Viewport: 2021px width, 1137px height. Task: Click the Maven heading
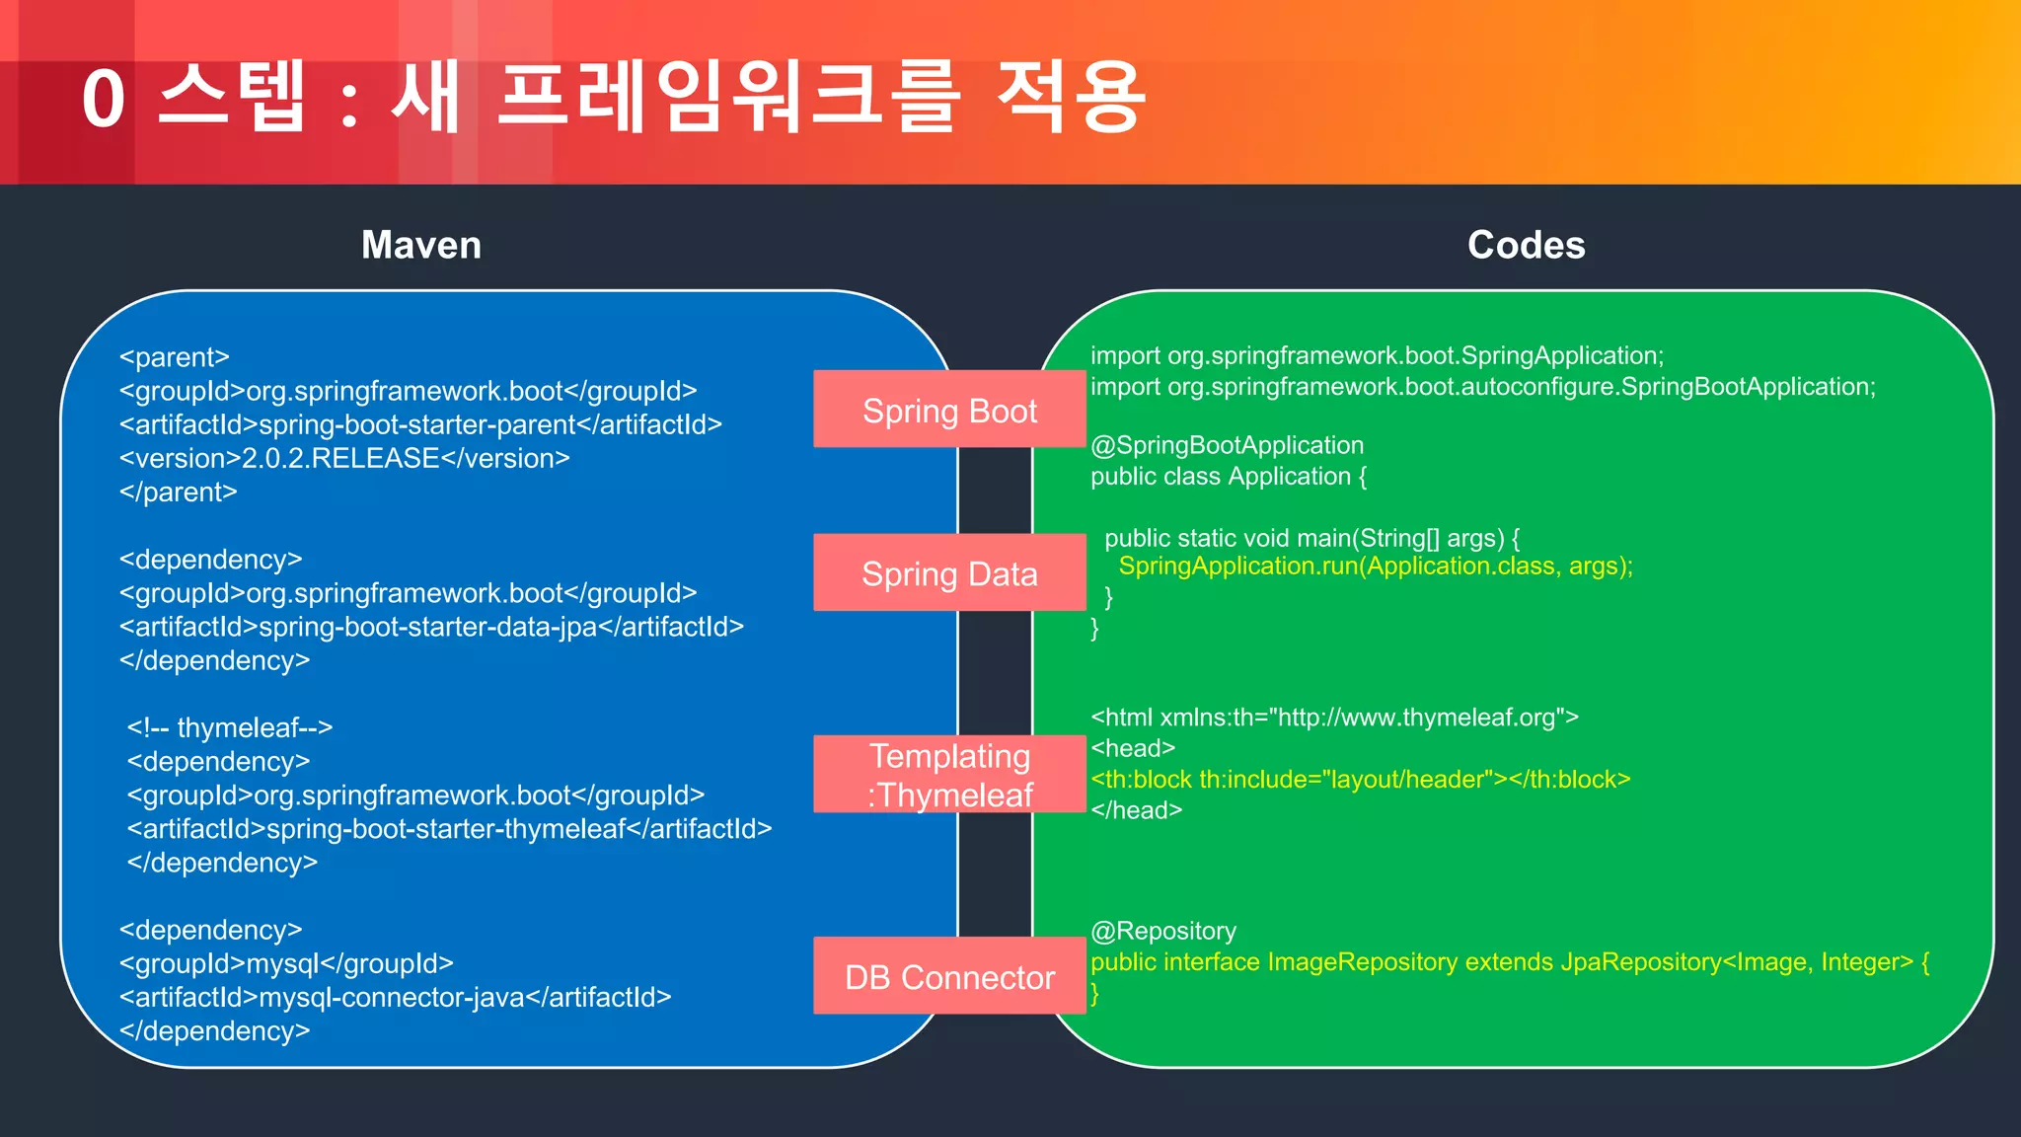[x=421, y=245]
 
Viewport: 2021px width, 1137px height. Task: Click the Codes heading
[x=1526, y=245]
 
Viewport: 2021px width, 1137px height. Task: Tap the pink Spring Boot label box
[x=949, y=410]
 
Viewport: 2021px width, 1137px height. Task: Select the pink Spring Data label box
[x=949, y=573]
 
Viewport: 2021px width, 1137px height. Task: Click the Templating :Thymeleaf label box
[x=949, y=775]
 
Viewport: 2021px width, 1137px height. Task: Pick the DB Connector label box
[x=949, y=976]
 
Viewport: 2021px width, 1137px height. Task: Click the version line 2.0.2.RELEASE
[x=344, y=458]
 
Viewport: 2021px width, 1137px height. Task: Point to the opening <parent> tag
[x=175, y=356]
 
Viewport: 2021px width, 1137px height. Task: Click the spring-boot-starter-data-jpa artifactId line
[x=431, y=627]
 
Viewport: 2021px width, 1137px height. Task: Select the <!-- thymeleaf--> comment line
[x=230, y=727]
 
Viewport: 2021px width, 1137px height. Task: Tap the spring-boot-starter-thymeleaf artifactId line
[x=449, y=829]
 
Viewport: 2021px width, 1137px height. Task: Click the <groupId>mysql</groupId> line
[x=286, y=963]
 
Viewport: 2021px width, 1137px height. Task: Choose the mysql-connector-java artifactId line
[x=395, y=997]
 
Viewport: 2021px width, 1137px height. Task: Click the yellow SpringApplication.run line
[x=1376, y=567]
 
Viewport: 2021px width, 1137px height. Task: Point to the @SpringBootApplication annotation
[x=1227, y=445]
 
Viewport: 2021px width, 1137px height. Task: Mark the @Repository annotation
[x=1163, y=931]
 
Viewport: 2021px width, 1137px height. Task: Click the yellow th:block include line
[x=1360, y=779]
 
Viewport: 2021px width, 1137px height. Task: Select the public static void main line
[x=1311, y=538]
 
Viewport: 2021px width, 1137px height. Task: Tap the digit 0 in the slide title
[x=104, y=100]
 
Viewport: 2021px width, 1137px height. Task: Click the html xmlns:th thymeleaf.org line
[x=1334, y=717]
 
